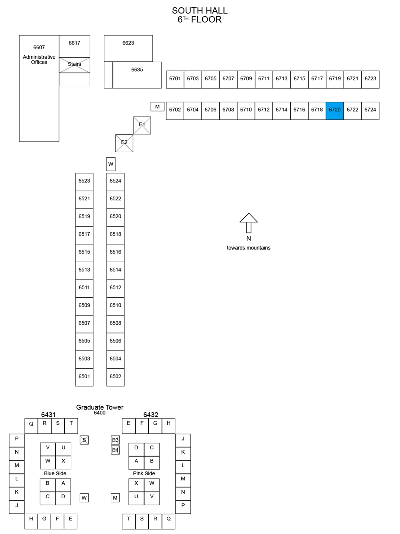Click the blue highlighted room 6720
335,110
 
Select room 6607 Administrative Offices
39,88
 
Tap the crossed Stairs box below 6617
75,65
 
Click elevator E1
142,125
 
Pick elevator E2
124,143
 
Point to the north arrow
249,223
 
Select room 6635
137,75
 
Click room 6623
128,48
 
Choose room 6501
84,377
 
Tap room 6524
115,182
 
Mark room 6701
175,80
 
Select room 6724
370,110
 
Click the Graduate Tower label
100,407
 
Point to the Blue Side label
55,474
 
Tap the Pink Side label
144,474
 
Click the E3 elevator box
115,440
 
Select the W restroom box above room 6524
111,164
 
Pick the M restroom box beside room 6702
158,107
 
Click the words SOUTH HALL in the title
200,11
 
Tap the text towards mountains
249,248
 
